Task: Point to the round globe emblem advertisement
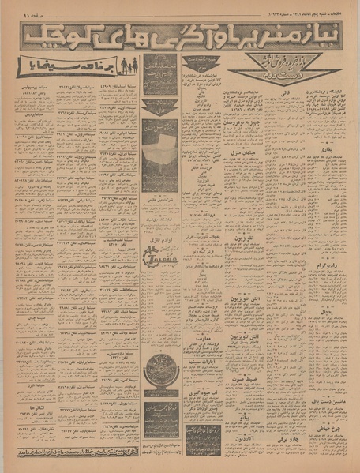coord(159,371)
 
